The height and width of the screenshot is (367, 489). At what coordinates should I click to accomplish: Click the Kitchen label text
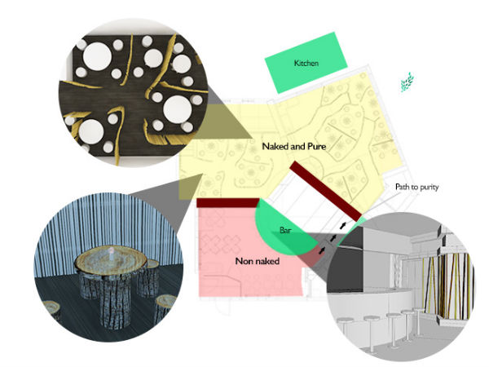point(306,63)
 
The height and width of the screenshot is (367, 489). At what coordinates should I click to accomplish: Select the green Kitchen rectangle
point(306,63)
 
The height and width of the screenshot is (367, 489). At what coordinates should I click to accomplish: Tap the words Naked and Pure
point(294,146)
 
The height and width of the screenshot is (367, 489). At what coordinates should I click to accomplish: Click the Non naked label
point(257,261)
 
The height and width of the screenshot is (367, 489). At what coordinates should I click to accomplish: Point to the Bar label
point(286,230)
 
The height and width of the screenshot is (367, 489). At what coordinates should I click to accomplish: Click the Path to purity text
point(417,187)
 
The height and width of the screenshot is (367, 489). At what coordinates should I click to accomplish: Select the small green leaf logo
point(407,82)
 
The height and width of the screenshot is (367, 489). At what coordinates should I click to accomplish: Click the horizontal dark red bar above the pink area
point(228,202)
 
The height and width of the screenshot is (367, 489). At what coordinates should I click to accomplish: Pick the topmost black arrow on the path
point(343,225)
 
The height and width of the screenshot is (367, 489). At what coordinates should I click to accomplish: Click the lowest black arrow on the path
point(322,250)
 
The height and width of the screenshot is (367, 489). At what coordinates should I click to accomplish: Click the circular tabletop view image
point(134,93)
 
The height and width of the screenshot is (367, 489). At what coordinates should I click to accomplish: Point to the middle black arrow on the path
point(333,238)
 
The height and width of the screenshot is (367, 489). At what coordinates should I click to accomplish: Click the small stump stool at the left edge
point(51,310)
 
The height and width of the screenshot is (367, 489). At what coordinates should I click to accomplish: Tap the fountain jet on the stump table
point(111,252)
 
